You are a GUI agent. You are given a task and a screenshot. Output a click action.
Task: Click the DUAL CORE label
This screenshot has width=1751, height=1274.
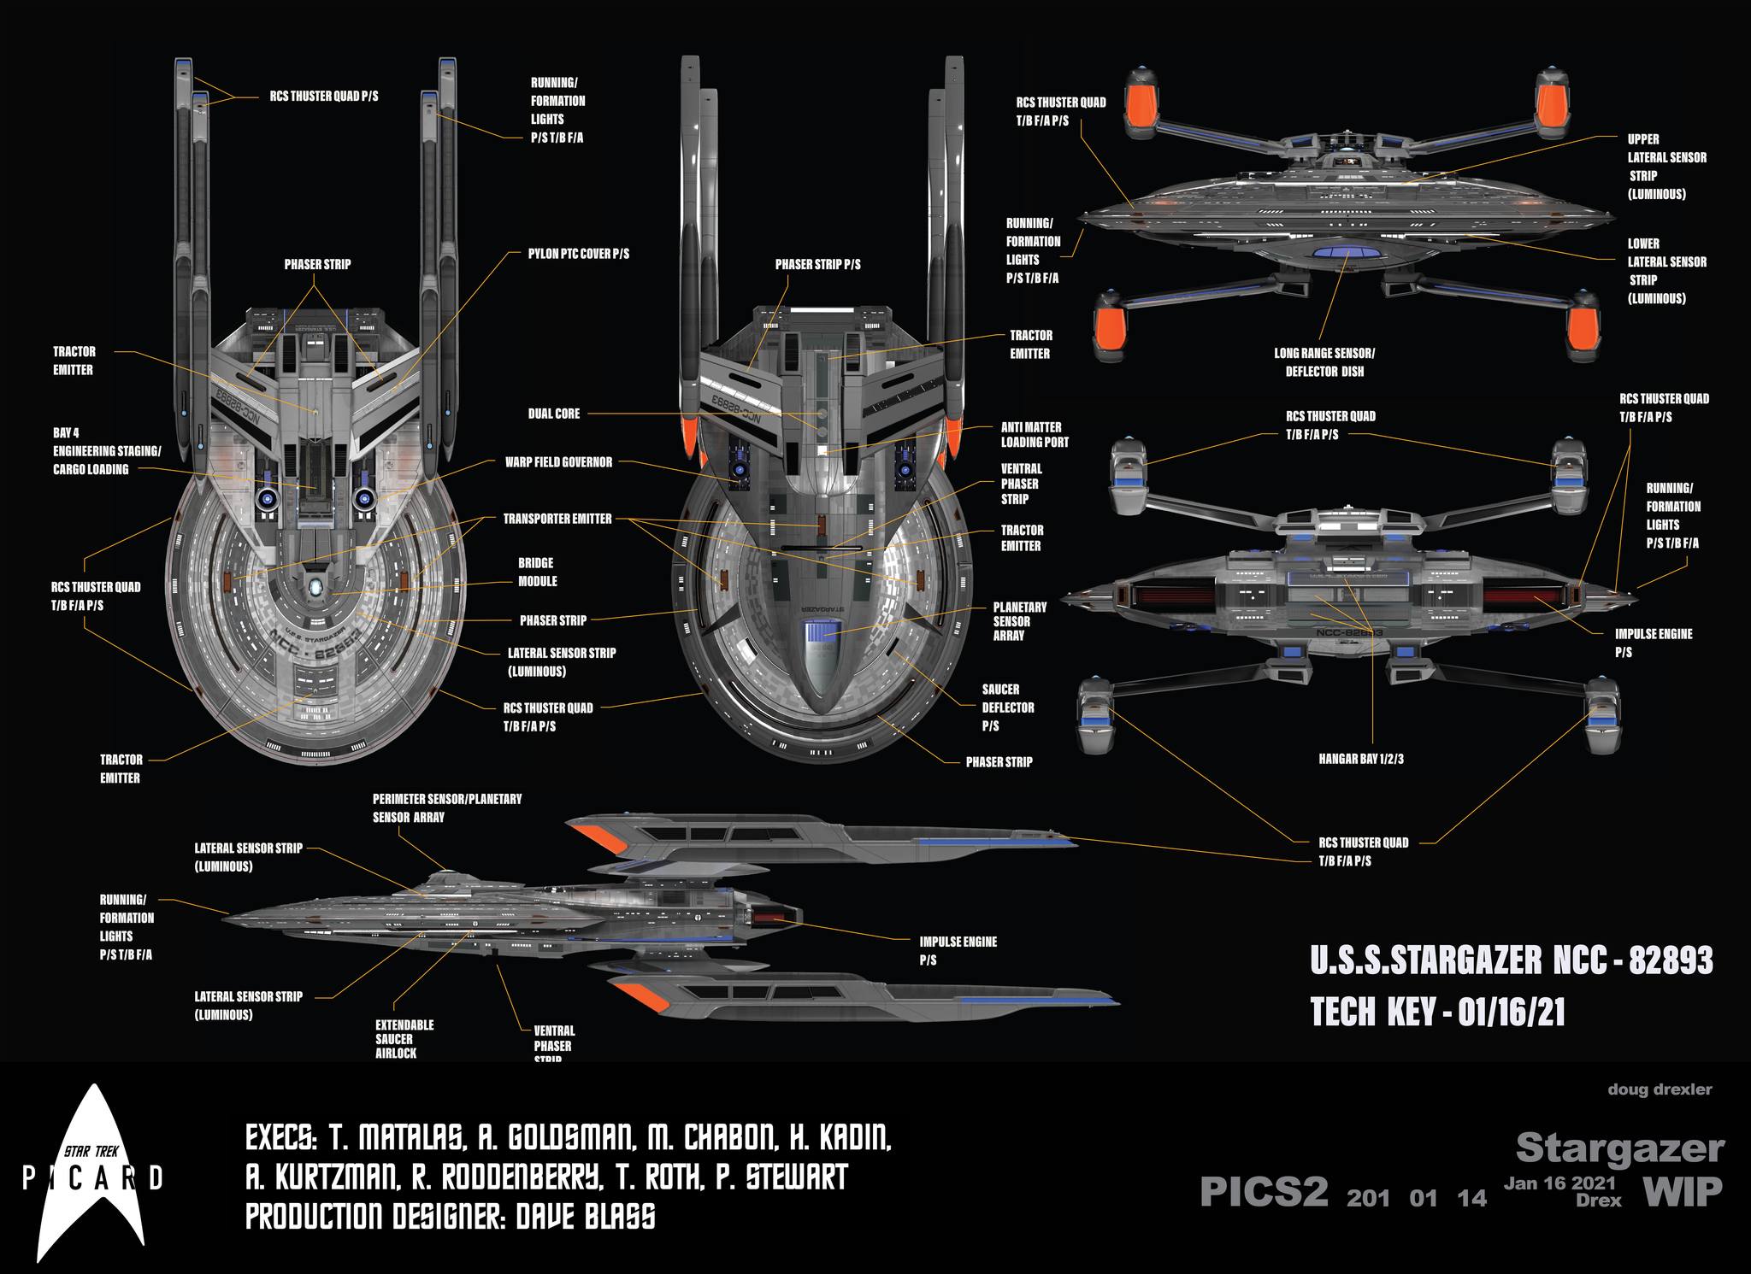(x=553, y=414)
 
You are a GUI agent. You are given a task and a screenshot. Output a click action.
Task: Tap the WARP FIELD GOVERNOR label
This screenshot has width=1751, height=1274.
(x=558, y=462)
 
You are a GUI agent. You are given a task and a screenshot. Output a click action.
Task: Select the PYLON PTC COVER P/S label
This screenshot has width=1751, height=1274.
(x=578, y=255)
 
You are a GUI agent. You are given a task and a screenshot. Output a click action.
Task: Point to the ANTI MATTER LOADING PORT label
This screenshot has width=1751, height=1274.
(x=1035, y=435)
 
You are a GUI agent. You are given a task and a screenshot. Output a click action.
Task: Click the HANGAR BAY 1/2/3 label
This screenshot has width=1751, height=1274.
(x=1360, y=759)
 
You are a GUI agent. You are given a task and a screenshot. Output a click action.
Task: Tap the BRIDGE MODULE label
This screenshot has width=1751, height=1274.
(x=537, y=572)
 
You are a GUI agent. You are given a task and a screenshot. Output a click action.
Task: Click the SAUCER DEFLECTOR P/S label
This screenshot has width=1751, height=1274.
(x=1007, y=707)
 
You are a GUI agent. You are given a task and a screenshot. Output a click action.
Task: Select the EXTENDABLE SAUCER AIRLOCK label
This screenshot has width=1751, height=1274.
(x=404, y=1039)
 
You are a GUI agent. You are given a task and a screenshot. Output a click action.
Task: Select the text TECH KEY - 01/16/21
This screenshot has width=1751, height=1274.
(x=1437, y=1013)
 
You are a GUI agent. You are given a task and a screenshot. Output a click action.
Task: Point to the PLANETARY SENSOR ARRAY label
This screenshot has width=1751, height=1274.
(x=1020, y=621)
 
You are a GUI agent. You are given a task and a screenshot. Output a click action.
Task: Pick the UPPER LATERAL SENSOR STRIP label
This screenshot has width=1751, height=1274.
(x=1666, y=167)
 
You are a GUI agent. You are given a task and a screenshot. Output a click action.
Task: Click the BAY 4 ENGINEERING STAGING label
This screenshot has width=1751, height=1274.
(x=107, y=451)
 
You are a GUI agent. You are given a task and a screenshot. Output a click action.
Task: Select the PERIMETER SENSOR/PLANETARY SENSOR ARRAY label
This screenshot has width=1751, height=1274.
(x=446, y=807)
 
